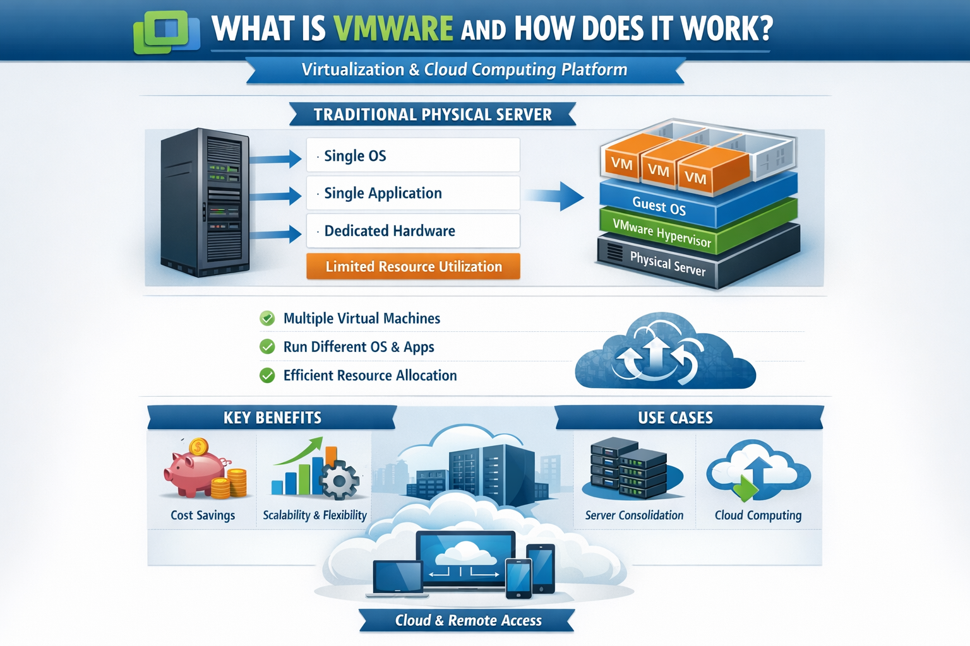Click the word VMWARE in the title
coord(393,28)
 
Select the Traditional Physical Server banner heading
coord(433,115)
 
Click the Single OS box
coord(413,155)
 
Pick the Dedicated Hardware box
coord(413,231)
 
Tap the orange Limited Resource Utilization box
coord(413,266)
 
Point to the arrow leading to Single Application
coord(276,196)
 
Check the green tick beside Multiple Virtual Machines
coord(267,319)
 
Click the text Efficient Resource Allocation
coord(370,375)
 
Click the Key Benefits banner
coord(272,418)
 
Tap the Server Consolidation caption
coord(634,515)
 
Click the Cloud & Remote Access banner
coord(468,621)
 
